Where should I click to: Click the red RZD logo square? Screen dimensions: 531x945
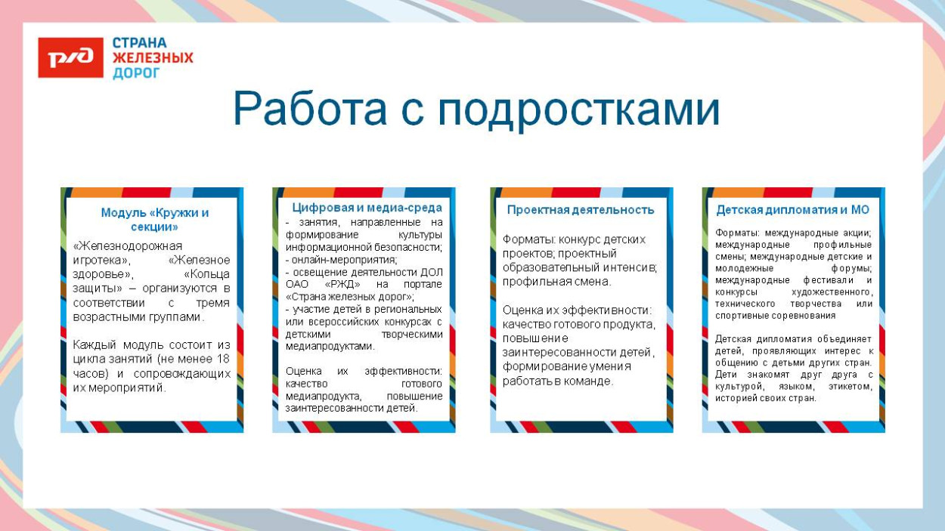coord(70,57)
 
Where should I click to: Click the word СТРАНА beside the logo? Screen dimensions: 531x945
coord(139,43)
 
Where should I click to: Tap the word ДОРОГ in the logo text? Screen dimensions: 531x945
coord(136,73)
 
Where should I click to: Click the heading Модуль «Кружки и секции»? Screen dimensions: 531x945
coord(154,219)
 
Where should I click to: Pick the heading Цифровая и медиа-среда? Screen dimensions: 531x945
coord(367,208)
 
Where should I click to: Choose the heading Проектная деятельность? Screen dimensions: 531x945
coord(581,210)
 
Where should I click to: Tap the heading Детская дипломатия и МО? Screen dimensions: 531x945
coord(792,210)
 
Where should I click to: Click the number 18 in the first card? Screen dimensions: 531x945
coord(222,359)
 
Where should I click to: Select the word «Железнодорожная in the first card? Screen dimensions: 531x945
coord(128,246)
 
